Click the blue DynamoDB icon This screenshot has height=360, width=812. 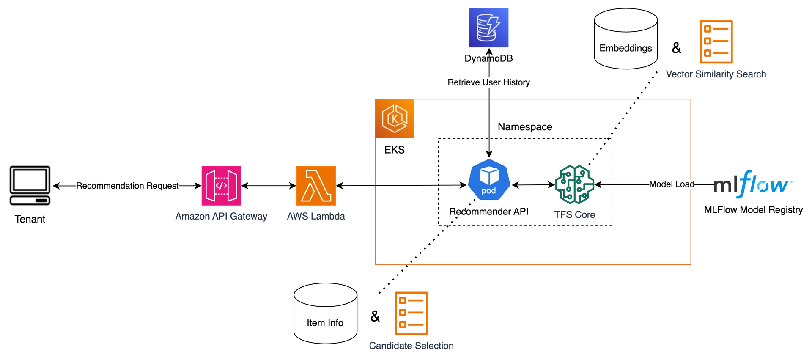point(488,28)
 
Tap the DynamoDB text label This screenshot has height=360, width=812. point(488,58)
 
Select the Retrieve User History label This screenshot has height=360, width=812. point(488,82)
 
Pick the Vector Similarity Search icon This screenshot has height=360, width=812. point(716,42)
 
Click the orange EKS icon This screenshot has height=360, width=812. point(395,119)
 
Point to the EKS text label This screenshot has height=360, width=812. point(395,150)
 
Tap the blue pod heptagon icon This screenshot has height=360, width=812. point(489,180)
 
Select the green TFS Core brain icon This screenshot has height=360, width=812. point(575,184)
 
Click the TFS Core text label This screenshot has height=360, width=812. point(575,215)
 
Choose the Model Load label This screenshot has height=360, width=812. point(672,184)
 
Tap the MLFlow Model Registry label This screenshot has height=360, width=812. point(753,210)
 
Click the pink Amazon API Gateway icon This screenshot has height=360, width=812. point(222,185)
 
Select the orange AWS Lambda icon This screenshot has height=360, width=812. point(316,185)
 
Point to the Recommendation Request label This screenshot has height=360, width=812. point(128,186)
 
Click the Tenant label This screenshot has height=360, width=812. point(30,220)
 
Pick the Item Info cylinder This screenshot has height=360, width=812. point(325,314)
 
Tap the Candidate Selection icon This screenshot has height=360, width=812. point(411,313)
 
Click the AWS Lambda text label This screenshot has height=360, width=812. point(317,216)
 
